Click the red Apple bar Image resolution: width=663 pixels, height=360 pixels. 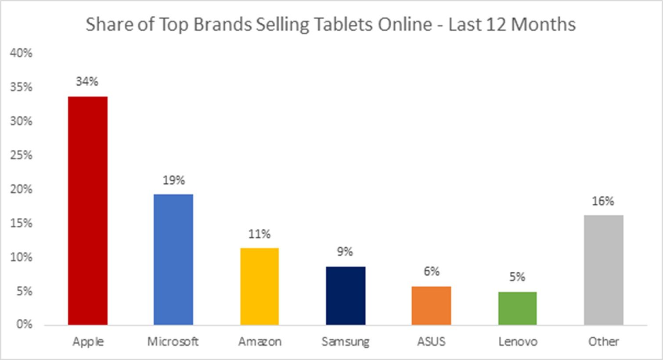tap(88, 211)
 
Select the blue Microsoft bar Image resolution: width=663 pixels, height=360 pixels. tap(173, 259)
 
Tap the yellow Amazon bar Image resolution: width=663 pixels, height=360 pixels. tap(259, 286)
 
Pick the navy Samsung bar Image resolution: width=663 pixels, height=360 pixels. tap(346, 295)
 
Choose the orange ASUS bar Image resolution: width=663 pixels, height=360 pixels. tap(431, 306)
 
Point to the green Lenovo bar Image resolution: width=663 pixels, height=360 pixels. tap(517, 308)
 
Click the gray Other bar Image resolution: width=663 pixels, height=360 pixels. tap(603, 270)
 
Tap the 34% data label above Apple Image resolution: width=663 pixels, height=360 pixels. tap(87, 82)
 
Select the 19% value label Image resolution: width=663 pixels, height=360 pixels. tap(174, 180)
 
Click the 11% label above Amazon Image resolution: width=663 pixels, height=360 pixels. tap(259, 234)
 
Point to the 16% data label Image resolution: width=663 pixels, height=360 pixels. tap(603, 202)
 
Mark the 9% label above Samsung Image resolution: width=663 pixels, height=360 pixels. tap(345, 252)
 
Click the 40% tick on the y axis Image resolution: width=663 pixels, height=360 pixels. tap(22, 53)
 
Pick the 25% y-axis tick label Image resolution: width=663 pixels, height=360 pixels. tap(22, 155)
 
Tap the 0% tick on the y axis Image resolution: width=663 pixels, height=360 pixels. tap(24, 324)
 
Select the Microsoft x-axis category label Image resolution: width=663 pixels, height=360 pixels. tap(173, 342)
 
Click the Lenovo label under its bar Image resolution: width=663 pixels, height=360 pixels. tap(518, 342)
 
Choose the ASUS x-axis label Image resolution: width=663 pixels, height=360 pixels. tap(431, 342)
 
